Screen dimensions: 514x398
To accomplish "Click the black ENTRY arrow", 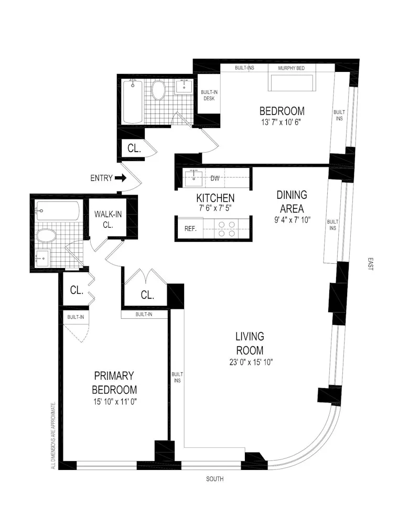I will pyautogui.click(x=121, y=178).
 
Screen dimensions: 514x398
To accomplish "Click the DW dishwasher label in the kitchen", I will pyautogui.click(x=214, y=178).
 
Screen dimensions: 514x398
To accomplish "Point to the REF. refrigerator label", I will pyautogui.click(x=190, y=228).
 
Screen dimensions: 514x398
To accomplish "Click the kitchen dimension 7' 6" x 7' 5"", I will pyautogui.click(x=215, y=208).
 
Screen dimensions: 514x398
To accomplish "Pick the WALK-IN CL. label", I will pyautogui.click(x=108, y=219).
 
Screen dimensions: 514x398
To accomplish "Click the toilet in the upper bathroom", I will pyautogui.click(x=158, y=91).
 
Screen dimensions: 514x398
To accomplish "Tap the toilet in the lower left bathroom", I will pyautogui.click(x=46, y=235).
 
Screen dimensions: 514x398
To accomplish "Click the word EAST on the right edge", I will pyautogui.click(x=370, y=265).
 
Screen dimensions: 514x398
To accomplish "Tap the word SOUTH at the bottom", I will pyautogui.click(x=214, y=479).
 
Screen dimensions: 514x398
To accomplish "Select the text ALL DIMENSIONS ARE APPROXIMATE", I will pyautogui.click(x=53, y=435).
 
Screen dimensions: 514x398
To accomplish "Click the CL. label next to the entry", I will pyautogui.click(x=134, y=148).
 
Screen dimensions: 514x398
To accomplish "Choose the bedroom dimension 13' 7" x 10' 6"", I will pyautogui.click(x=282, y=122).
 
